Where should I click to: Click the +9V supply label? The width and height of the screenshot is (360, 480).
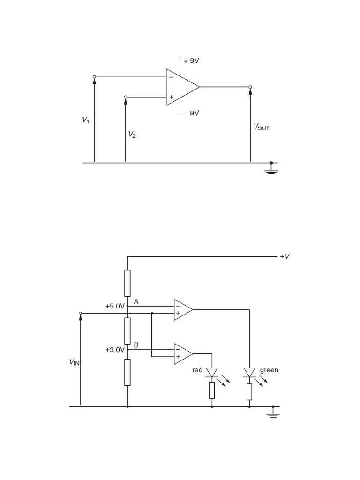[x=191, y=61]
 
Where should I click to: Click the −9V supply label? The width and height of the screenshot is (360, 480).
[x=191, y=112]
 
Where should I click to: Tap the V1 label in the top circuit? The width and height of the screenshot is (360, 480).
[x=85, y=120]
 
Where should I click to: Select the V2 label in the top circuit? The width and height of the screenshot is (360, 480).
[x=133, y=135]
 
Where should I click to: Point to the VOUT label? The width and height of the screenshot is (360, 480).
[x=262, y=127]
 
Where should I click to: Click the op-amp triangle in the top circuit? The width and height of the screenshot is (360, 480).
[x=180, y=87]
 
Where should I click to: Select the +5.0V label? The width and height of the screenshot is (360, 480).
[x=115, y=306]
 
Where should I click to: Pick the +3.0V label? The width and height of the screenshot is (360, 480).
[x=115, y=349]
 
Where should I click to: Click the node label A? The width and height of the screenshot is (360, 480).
[x=136, y=301]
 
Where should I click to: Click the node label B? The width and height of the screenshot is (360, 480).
[x=136, y=345]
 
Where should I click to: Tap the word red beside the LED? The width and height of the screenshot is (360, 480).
[x=197, y=370]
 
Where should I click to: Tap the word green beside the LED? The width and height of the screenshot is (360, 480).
[x=269, y=370]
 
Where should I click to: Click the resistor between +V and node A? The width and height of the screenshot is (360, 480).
[x=127, y=283]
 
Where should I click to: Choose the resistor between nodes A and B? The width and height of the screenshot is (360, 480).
[x=127, y=330]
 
